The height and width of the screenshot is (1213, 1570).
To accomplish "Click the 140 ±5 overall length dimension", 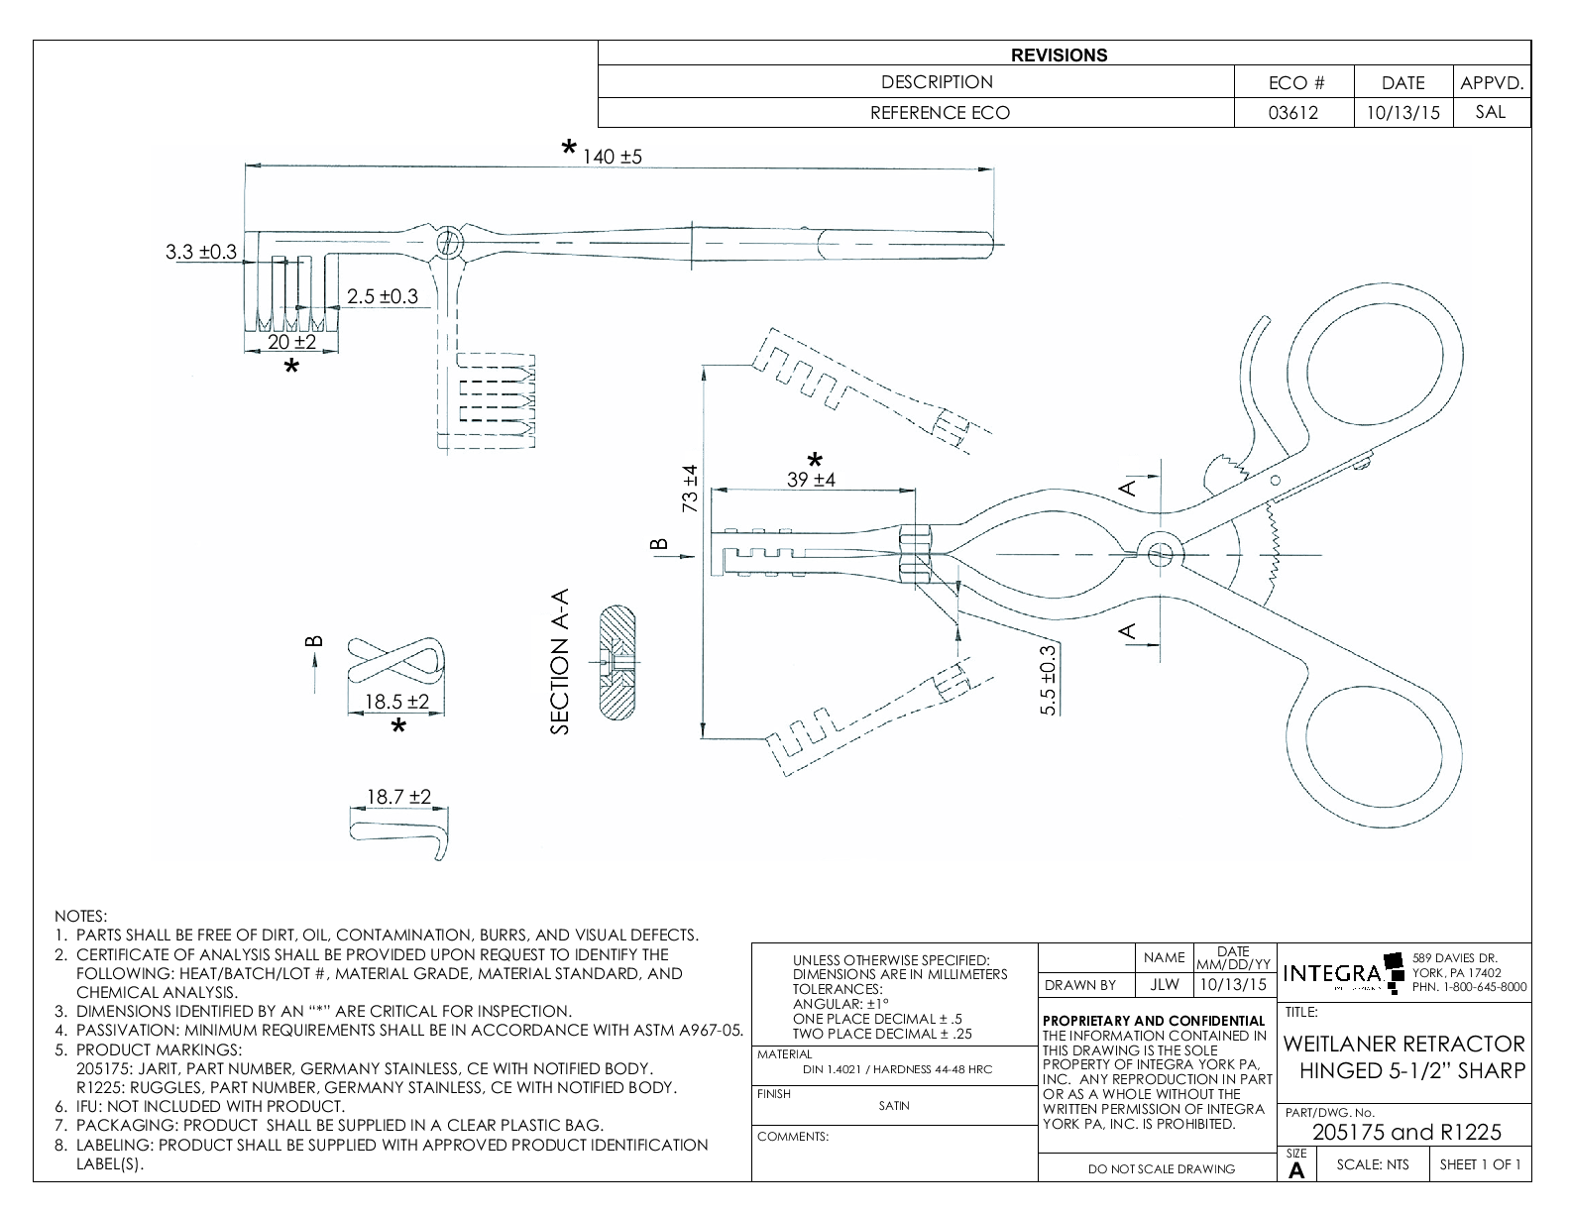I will (613, 157).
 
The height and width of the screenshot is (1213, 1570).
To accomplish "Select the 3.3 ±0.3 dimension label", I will (200, 252).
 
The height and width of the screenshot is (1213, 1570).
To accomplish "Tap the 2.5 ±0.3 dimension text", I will (382, 296).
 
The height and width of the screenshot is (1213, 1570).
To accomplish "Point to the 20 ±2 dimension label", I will (291, 342).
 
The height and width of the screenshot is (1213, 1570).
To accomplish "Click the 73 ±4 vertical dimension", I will (691, 489).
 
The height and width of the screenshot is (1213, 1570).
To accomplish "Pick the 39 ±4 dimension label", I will (811, 480).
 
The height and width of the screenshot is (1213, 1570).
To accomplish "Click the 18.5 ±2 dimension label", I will (396, 702).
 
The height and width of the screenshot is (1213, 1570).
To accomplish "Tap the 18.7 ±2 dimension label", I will (398, 797).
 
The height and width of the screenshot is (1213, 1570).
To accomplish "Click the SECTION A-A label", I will (561, 661).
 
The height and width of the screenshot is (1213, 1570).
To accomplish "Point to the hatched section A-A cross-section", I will (617, 662).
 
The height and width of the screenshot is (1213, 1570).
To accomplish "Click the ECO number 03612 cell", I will (1293, 113).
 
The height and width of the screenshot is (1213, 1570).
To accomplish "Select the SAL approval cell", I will (1490, 112).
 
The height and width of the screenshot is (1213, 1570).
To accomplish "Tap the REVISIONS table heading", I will (1059, 55).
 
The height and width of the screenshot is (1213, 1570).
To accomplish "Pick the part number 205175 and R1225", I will (1406, 1132).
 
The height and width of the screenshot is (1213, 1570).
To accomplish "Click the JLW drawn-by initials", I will (1164, 985).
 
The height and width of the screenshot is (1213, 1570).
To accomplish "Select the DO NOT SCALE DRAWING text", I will (1162, 1168).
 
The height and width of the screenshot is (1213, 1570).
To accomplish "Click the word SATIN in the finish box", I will (894, 1106).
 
